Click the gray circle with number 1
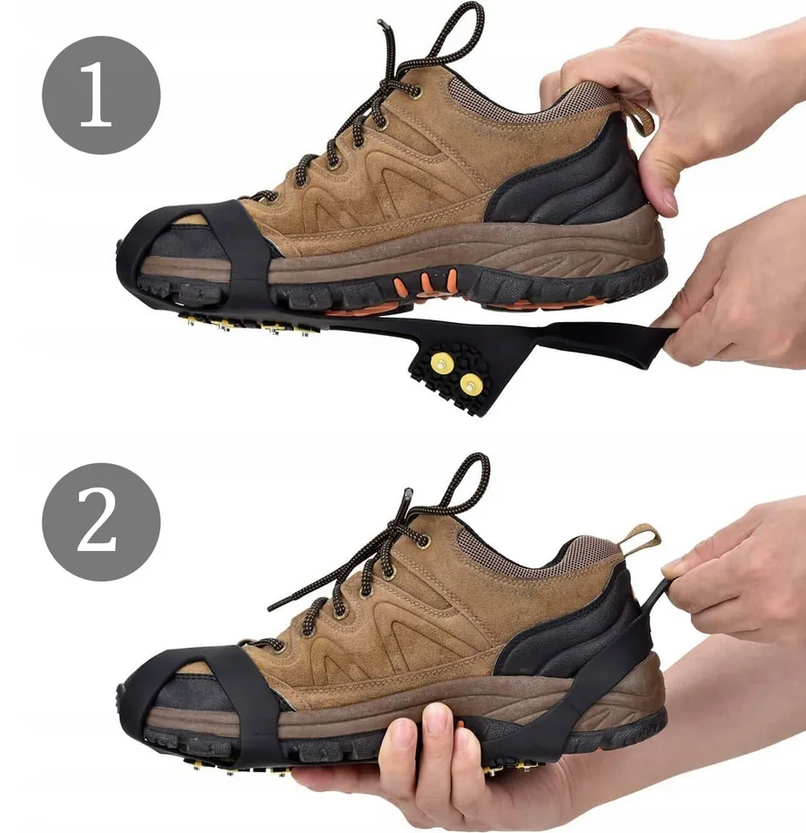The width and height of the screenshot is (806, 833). coord(101,95)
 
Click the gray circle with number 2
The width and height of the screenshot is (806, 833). coord(101,521)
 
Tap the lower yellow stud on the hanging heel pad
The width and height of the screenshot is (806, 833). coord(471,384)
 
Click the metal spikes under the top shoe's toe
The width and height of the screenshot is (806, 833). coord(250,323)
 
